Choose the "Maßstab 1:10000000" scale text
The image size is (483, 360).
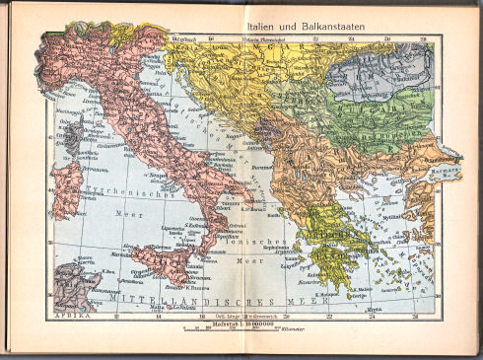point(240,323)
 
